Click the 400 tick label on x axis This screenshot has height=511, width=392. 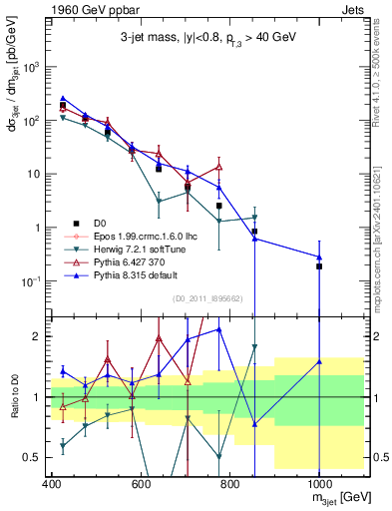click(x=52, y=485)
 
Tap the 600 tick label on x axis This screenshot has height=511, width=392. click(x=141, y=485)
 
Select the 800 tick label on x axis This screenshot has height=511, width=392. click(x=229, y=485)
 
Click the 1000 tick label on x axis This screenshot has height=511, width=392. click(x=318, y=485)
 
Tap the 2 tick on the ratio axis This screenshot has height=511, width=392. click(x=38, y=336)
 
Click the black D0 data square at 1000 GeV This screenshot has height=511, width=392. click(x=319, y=266)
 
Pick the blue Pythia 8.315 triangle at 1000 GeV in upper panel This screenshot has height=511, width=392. click(x=319, y=257)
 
